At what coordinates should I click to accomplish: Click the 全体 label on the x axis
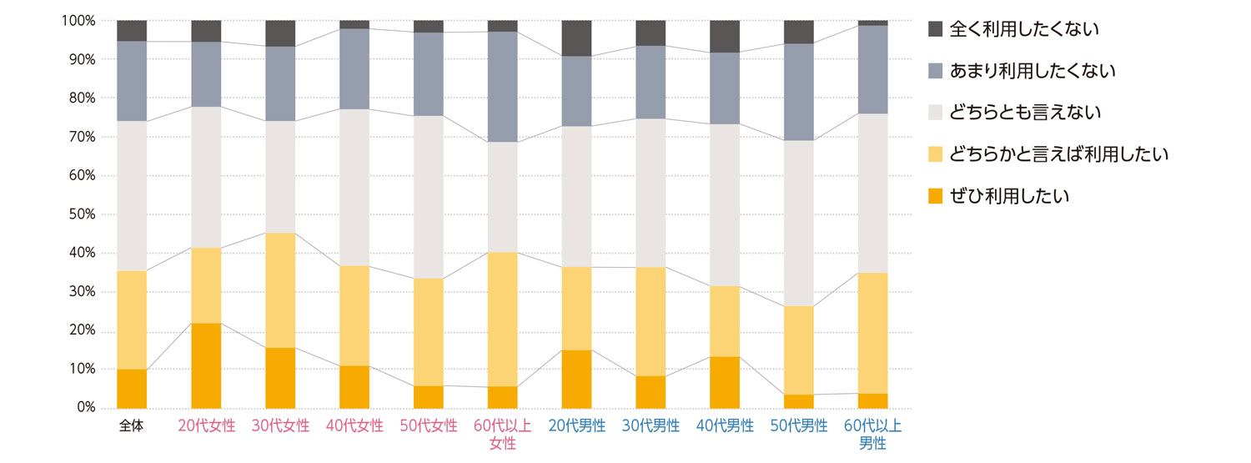pyautogui.click(x=132, y=426)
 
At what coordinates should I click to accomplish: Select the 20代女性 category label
pyautogui.click(x=206, y=426)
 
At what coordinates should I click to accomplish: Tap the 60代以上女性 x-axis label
pyautogui.click(x=502, y=434)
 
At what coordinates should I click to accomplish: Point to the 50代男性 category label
pyautogui.click(x=799, y=426)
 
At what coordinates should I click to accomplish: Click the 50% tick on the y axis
pyautogui.click(x=80, y=214)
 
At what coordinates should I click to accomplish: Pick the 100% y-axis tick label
pyautogui.click(x=78, y=20)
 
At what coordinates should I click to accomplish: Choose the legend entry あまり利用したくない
pyautogui.click(x=1032, y=71)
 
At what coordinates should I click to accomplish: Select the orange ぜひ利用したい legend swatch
pyautogui.click(x=935, y=196)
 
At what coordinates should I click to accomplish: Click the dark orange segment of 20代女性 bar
pyautogui.click(x=206, y=365)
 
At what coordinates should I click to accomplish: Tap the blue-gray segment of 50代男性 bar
pyautogui.click(x=799, y=92)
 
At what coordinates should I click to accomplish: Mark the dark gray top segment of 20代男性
pyautogui.click(x=576, y=38)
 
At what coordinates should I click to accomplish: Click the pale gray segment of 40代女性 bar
pyautogui.click(x=354, y=188)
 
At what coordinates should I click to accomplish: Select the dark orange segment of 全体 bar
pyautogui.click(x=132, y=389)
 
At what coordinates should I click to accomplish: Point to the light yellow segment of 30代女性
pyautogui.click(x=280, y=290)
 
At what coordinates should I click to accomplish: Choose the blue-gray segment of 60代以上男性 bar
pyautogui.click(x=873, y=69)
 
